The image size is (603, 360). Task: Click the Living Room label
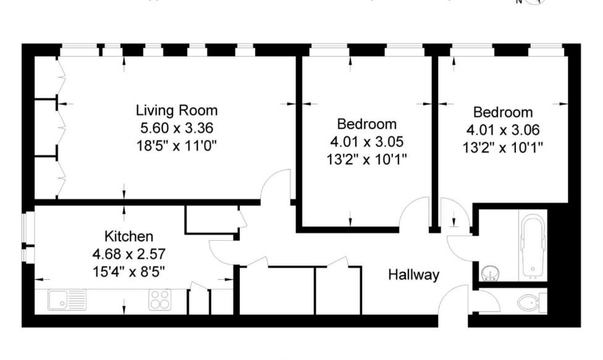coord(177,111)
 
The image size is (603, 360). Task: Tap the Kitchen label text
coord(129,237)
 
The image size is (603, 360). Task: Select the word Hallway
coord(413,275)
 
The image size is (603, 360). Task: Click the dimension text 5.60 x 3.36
coord(177,128)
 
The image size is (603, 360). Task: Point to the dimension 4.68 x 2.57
coord(129,253)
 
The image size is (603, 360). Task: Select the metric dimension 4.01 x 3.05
coord(366,141)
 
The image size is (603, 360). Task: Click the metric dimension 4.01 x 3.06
coord(503,130)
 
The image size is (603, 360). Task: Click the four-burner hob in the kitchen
coord(159,300)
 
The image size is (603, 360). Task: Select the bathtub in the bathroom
coord(533,246)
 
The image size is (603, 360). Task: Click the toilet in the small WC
coord(528,302)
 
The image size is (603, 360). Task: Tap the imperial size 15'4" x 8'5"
coord(129,270)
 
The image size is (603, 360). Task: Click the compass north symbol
coord(533,2)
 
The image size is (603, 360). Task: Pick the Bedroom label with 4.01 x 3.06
coord(503,112)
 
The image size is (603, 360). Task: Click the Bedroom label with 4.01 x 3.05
coord(366,123)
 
